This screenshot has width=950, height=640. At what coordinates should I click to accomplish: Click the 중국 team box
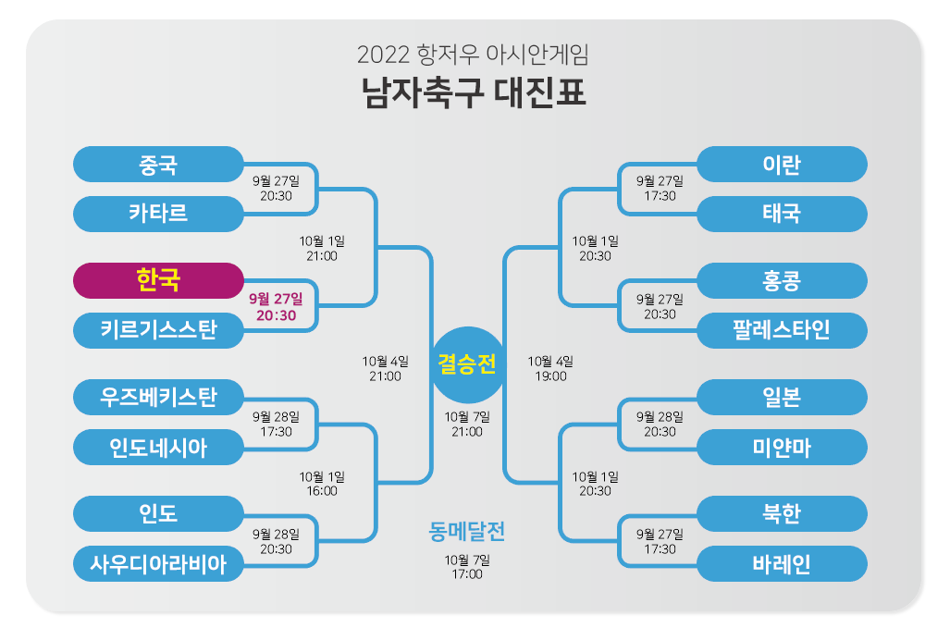click(x=158, y=165)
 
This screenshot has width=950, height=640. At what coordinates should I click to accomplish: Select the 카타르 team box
click(x=158, y=214)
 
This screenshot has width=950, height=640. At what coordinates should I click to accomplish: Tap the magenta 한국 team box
click(x=158, y=280)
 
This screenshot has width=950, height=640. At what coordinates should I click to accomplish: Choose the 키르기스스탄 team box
click(x=158, y=329)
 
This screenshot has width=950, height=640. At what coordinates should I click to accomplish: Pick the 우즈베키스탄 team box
click(x=158, y=398)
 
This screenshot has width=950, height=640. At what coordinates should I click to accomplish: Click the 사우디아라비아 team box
click(x=158, y=563)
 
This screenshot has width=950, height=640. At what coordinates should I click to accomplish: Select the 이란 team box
click(x=782, y=165)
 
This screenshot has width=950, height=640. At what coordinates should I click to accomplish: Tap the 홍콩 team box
click(x=782, y=280)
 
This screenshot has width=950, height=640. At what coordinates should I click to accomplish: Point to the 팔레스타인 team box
click(x=782, y=329)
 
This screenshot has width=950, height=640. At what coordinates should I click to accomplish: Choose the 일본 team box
click(x=782, y=398)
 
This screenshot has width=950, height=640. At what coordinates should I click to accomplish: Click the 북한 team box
click(x=782, y=514)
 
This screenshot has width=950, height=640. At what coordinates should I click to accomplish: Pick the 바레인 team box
click(x=782, y=563)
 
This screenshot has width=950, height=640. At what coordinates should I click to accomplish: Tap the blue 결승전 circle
click(x=467, y=364)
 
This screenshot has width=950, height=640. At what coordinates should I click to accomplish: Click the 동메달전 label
click(x=467, y=532)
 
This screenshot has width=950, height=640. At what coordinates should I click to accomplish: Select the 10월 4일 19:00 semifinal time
click(x=550, y=368)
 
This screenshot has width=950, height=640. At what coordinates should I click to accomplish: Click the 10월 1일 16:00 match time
click(x=322, y=484)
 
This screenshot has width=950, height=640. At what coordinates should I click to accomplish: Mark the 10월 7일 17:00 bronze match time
click(x=467, y=567)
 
